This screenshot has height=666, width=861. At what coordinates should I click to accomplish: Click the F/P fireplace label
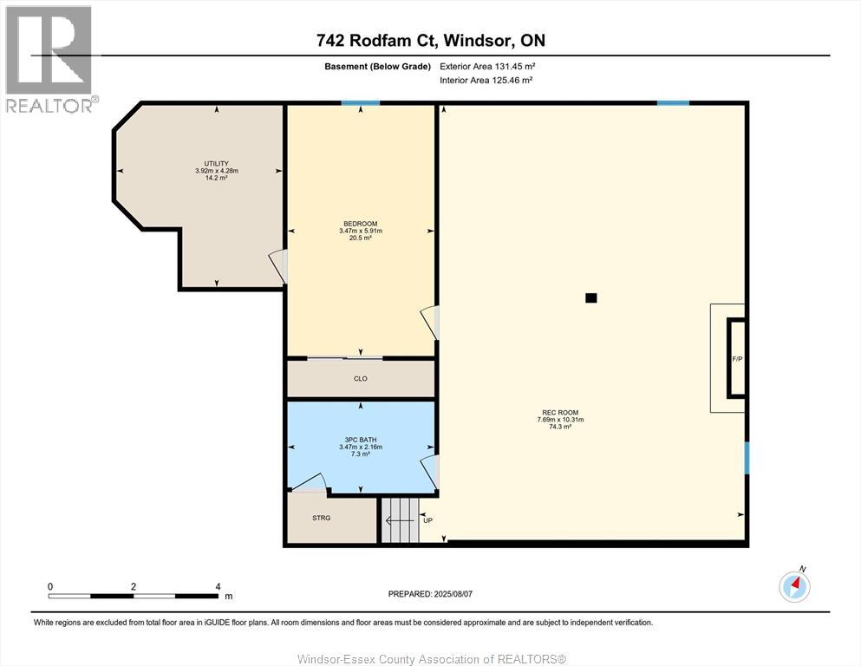[x=737, y=359]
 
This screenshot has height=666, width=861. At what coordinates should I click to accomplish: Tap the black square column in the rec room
[x=590, y=298]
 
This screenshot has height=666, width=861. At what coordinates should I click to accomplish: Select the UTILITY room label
[x=217, y=164]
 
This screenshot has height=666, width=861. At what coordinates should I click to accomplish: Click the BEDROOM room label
[x=360, y=224]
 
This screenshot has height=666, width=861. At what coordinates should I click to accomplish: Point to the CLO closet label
[x=360, y=378]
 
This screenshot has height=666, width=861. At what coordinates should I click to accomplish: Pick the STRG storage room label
[x=321, y=518]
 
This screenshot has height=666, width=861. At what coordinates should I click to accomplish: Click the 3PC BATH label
[x=360, y=440]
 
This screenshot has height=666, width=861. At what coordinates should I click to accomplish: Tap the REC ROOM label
[x=560, y=412]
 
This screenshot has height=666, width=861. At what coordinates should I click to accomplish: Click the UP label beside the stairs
[x=427, y=520]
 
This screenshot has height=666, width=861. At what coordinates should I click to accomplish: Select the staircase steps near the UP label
[x=401, y=520]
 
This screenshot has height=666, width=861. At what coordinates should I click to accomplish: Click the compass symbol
[x=794, y=586]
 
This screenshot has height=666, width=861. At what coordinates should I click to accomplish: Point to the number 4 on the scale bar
[x=218, y=586]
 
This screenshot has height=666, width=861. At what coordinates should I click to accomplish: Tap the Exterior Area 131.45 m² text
[x=487, y=67]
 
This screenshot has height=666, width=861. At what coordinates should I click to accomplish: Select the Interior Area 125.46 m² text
[x=486, y=80]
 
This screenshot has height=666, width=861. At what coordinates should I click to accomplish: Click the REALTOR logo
[x=50, y=59]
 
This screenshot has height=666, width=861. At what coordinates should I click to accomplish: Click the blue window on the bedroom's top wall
[x=361, y=102]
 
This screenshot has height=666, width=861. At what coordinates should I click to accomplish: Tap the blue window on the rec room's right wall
[x=747, y=458]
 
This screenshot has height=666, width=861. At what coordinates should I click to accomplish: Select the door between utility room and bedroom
[x=278, y=266]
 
